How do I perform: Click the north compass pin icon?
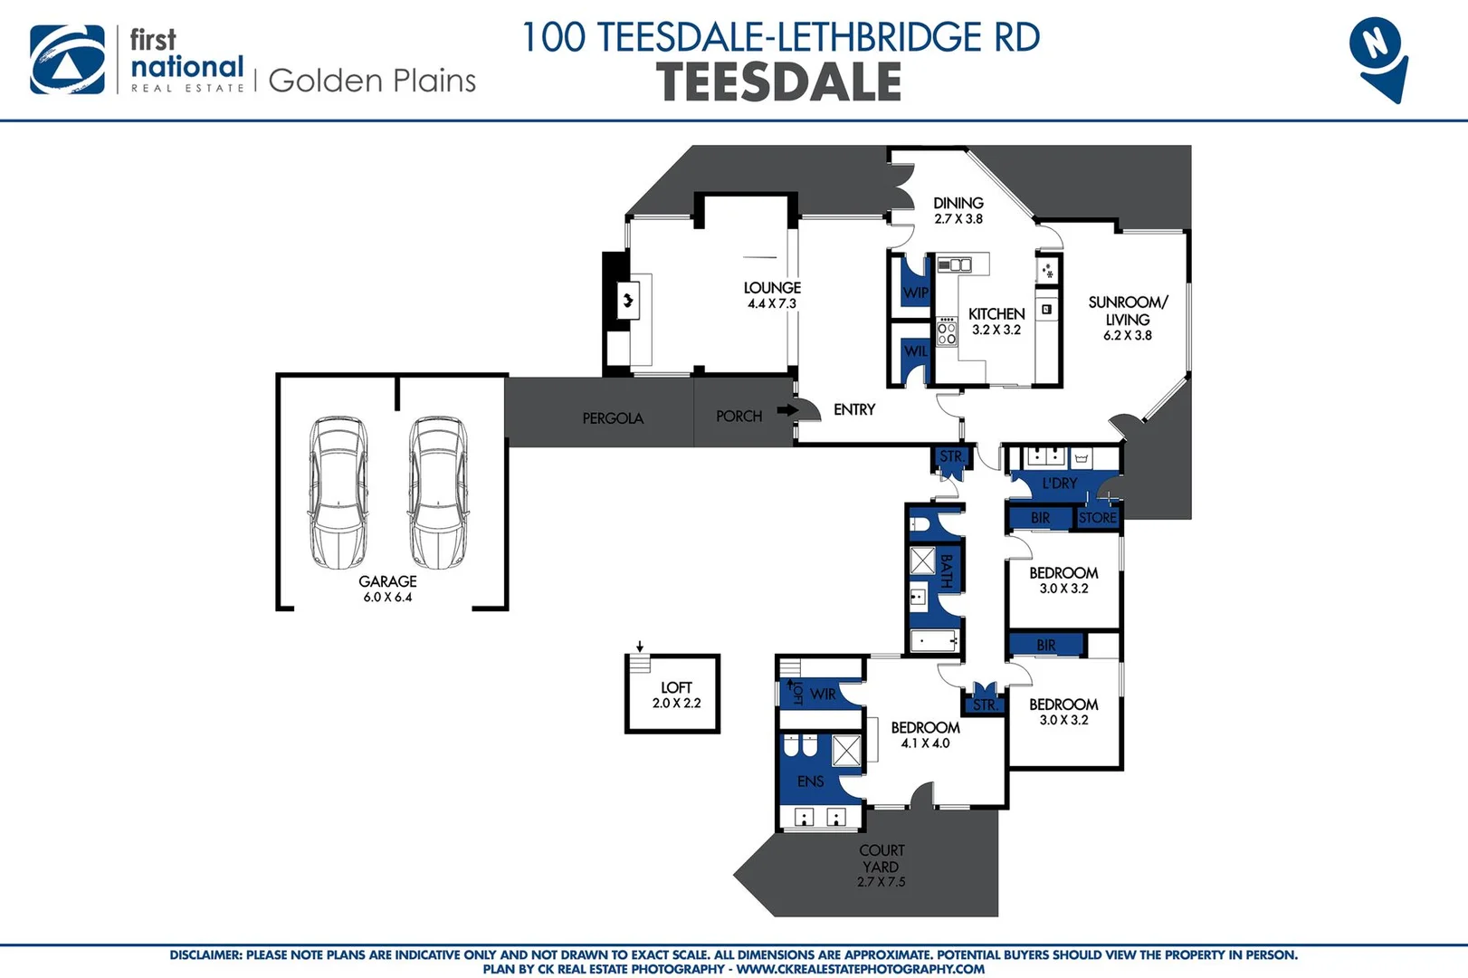1377,56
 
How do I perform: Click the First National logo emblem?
67,60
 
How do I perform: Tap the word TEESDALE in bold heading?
778,82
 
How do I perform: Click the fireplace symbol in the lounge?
627,300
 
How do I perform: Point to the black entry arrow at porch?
786,410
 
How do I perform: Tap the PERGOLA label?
613,418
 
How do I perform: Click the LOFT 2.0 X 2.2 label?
676,695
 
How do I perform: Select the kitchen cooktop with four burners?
947,331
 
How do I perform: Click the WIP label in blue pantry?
915,292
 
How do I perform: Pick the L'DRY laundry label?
1059,484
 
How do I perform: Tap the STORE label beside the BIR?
1097,518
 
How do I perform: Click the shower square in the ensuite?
846,751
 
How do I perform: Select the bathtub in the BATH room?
933,641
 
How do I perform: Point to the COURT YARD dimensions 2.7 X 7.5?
881,881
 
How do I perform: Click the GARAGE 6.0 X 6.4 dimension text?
387,597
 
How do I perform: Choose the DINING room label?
958,203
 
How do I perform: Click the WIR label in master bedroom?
823,694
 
